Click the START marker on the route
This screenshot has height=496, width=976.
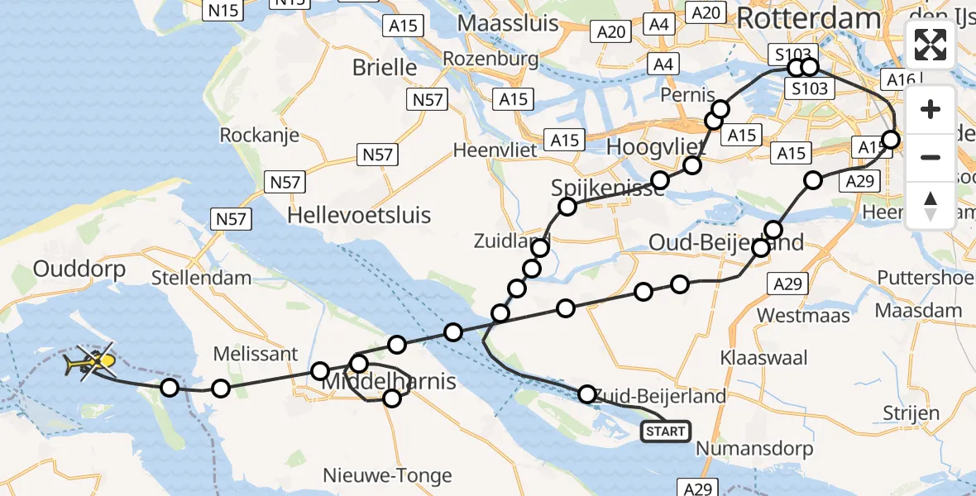click(665, 431)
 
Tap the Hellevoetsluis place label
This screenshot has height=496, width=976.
click(359, 217)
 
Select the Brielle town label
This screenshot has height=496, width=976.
click(385, 67)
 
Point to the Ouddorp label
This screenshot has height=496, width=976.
click(79, 269)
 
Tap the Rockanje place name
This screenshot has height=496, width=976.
click(259, 135)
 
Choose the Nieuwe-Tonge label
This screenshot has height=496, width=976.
click(399, 475)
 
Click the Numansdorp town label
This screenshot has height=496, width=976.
click(756, 450)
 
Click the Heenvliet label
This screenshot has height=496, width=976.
click(496, 150)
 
